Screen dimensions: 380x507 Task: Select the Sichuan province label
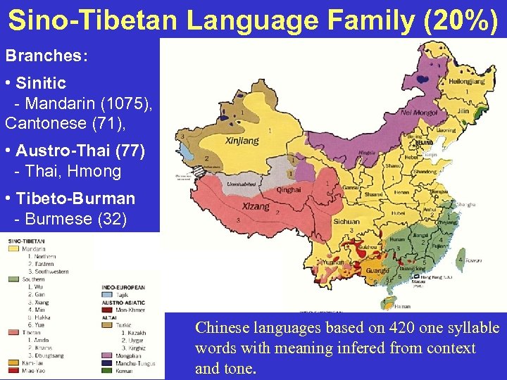click(346, 221)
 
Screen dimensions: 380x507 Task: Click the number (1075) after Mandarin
click(125, 104)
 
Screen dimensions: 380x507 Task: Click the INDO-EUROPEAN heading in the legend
click(123, 287)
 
